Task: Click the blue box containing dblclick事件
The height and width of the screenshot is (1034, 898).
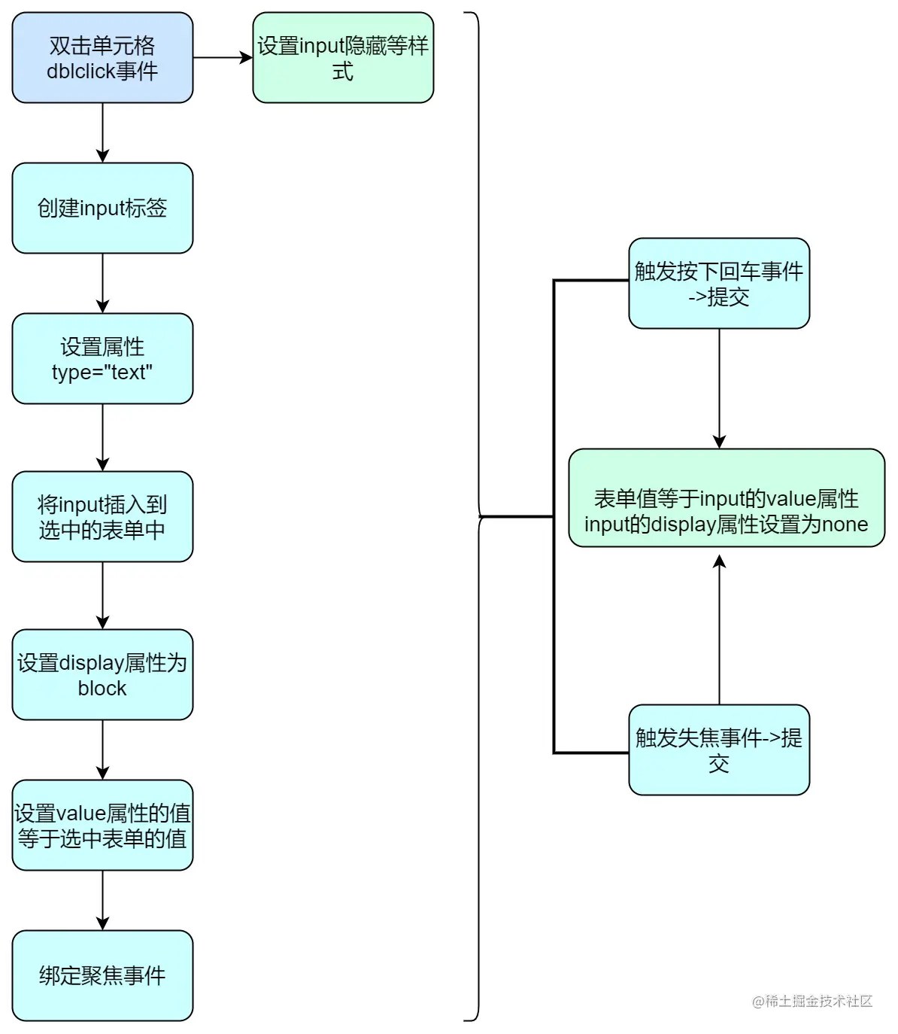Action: [102, 57]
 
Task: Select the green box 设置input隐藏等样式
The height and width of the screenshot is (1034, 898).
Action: [343, 57]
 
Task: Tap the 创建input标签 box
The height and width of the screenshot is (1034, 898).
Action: [102, 208]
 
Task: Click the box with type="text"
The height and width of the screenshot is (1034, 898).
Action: [102, 358]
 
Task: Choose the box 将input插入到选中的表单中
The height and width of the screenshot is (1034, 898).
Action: [102, 516]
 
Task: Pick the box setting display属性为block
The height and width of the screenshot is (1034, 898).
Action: [102, 674]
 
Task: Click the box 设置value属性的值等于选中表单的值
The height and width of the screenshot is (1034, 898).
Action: [102, 825]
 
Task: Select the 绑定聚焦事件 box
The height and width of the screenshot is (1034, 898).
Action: [102, 975]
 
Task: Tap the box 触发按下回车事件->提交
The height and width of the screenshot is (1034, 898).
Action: [719, 283]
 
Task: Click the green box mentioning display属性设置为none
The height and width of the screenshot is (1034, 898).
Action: [727, 497]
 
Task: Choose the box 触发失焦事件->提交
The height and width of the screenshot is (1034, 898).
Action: [719, 750]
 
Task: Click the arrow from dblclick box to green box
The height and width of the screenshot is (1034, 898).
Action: [223, 57]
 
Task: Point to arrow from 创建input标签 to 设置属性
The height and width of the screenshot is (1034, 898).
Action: [102, 283]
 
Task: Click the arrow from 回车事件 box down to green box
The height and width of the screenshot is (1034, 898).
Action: [719, 388]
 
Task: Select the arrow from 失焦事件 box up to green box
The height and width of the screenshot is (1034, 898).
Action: [719, 629]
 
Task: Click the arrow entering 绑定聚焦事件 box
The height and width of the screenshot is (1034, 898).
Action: [102, 900]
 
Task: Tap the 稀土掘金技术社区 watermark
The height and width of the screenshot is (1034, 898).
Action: [812, 1001]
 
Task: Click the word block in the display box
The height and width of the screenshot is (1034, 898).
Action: [102, 688]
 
